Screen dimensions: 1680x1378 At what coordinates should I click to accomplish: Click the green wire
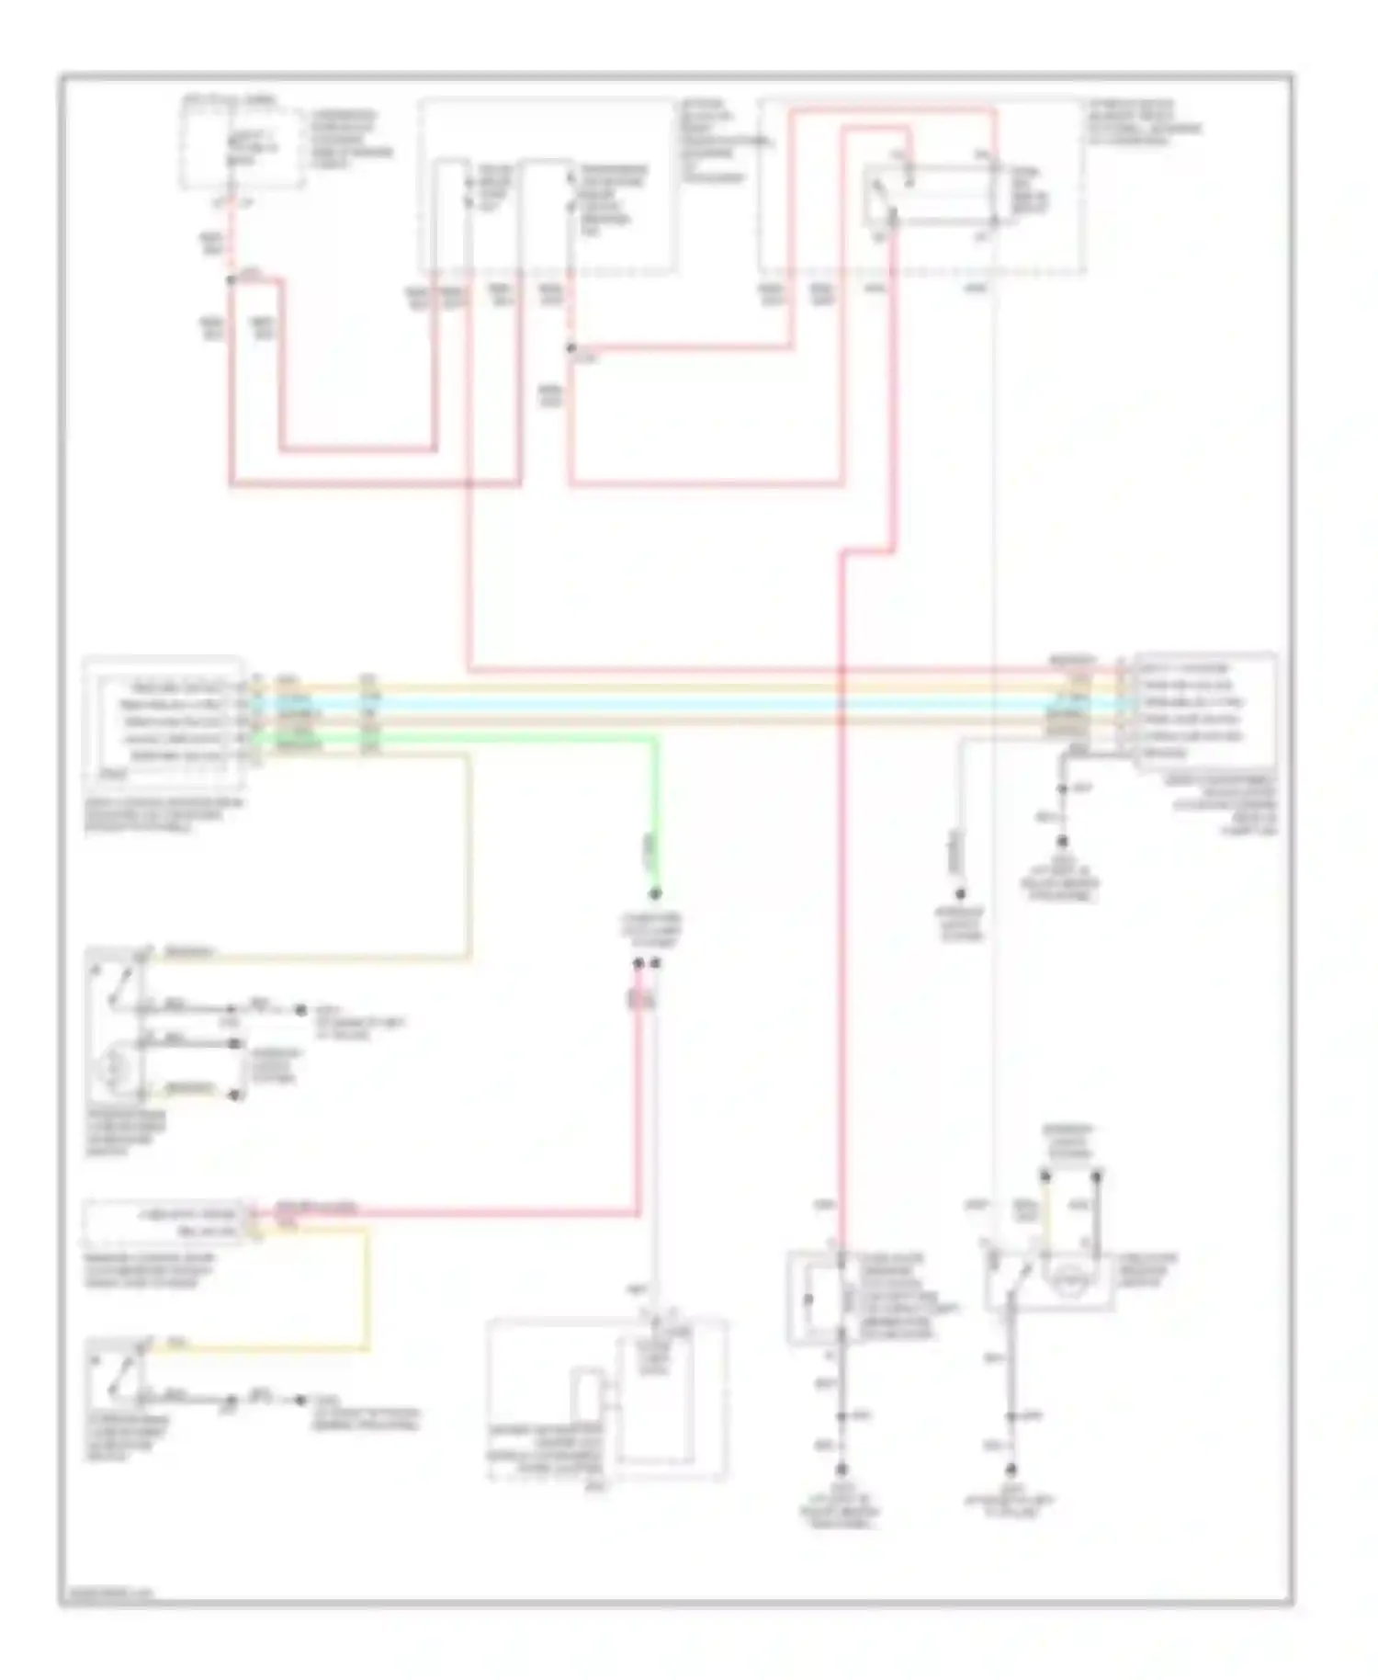pos(654,809)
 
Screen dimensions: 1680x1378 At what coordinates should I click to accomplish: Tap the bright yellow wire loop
pos(367,1287)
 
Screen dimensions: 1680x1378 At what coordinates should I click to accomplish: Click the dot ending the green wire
pos(655,893)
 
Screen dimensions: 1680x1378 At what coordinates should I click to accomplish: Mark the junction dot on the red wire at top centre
pos(570,348)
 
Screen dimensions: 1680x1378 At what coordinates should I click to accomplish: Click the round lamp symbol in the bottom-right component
pos(1067,1278)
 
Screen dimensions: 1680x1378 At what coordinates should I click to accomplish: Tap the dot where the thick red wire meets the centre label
pos(638,963)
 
